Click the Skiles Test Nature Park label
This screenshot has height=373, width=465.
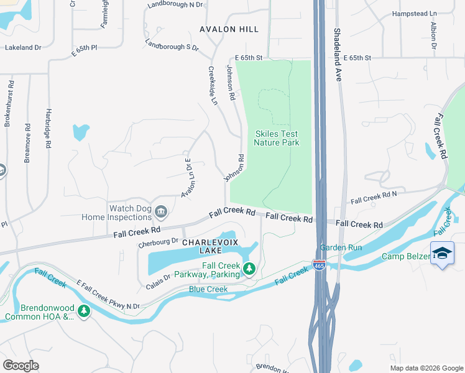tap(276, 138)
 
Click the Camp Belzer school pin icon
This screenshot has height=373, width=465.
tap(442, 253)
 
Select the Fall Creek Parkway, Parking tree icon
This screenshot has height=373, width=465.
tap(249, 269)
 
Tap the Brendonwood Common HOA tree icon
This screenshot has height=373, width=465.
tap(84, 311)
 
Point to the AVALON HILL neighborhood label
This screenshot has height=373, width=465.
tap(229, 29)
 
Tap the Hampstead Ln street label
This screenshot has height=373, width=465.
tap(414, 14)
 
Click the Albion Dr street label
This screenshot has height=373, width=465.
tap(433, 36)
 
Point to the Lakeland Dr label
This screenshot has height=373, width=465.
tap(23, 47)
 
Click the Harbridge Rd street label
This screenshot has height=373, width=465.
tap(48, 129)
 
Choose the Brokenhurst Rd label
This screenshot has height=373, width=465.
tap(9, 103)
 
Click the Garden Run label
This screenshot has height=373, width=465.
tap(341, 247)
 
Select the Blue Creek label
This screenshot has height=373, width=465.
tap(208, 290)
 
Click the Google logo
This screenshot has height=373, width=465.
tap(21, 365)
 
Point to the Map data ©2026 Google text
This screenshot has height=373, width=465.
tap(426, 368)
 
